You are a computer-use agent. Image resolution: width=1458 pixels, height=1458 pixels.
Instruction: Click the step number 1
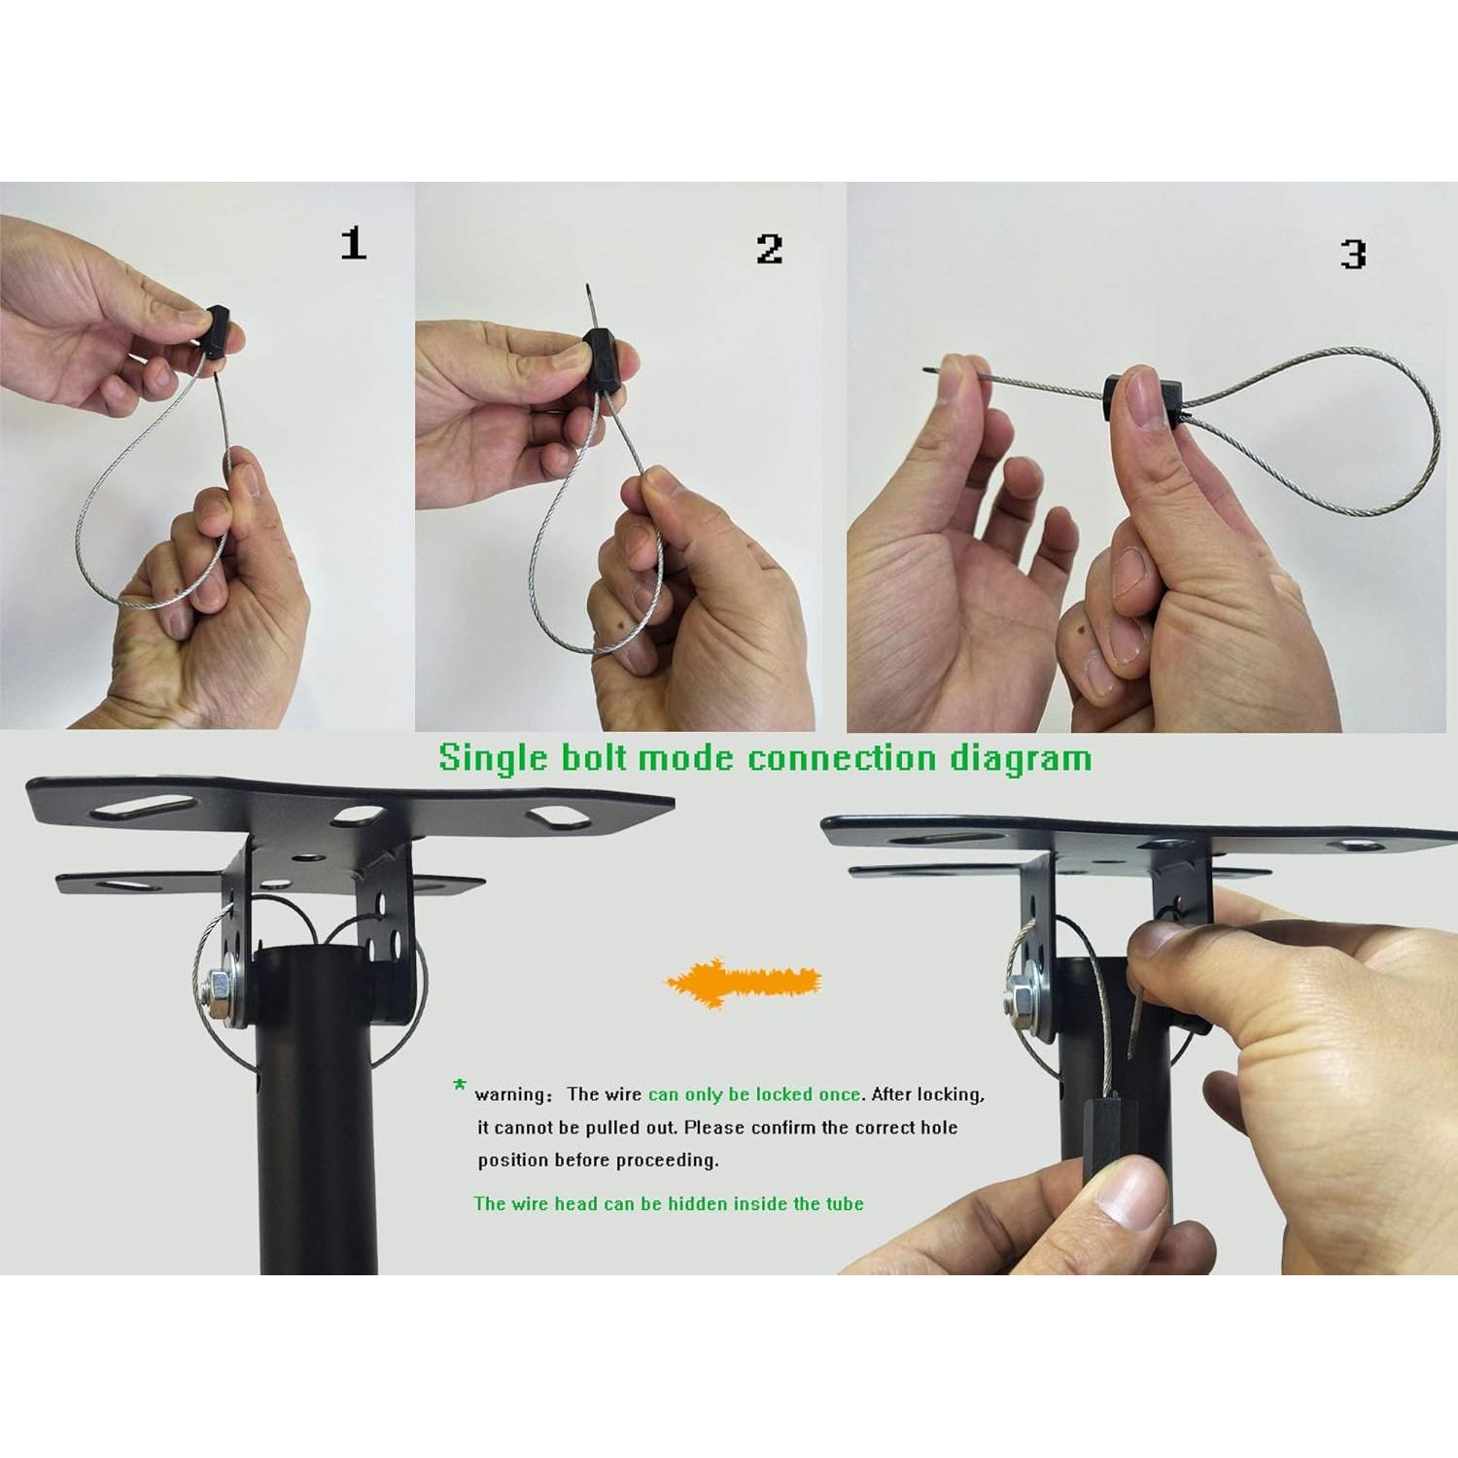[x=354, y=243]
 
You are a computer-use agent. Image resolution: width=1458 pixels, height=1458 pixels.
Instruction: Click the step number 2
[x=769, y=249]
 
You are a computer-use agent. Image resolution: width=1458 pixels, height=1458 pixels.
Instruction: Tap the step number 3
[x=1353, y=254]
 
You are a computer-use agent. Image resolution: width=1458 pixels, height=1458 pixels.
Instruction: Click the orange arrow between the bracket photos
[x=743, y=982]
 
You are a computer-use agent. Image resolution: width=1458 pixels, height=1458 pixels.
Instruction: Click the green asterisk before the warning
[x=460, y=1088]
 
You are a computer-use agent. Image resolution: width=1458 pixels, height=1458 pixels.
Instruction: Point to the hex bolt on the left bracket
[x=219, y=993]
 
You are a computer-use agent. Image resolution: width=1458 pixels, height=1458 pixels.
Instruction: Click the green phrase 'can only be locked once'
[x=754, y=1094]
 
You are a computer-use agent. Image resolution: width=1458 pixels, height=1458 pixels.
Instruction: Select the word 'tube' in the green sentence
[x=845, y=1204]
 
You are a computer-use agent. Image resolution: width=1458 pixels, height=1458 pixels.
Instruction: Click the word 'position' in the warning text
[x=514, y=1161]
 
